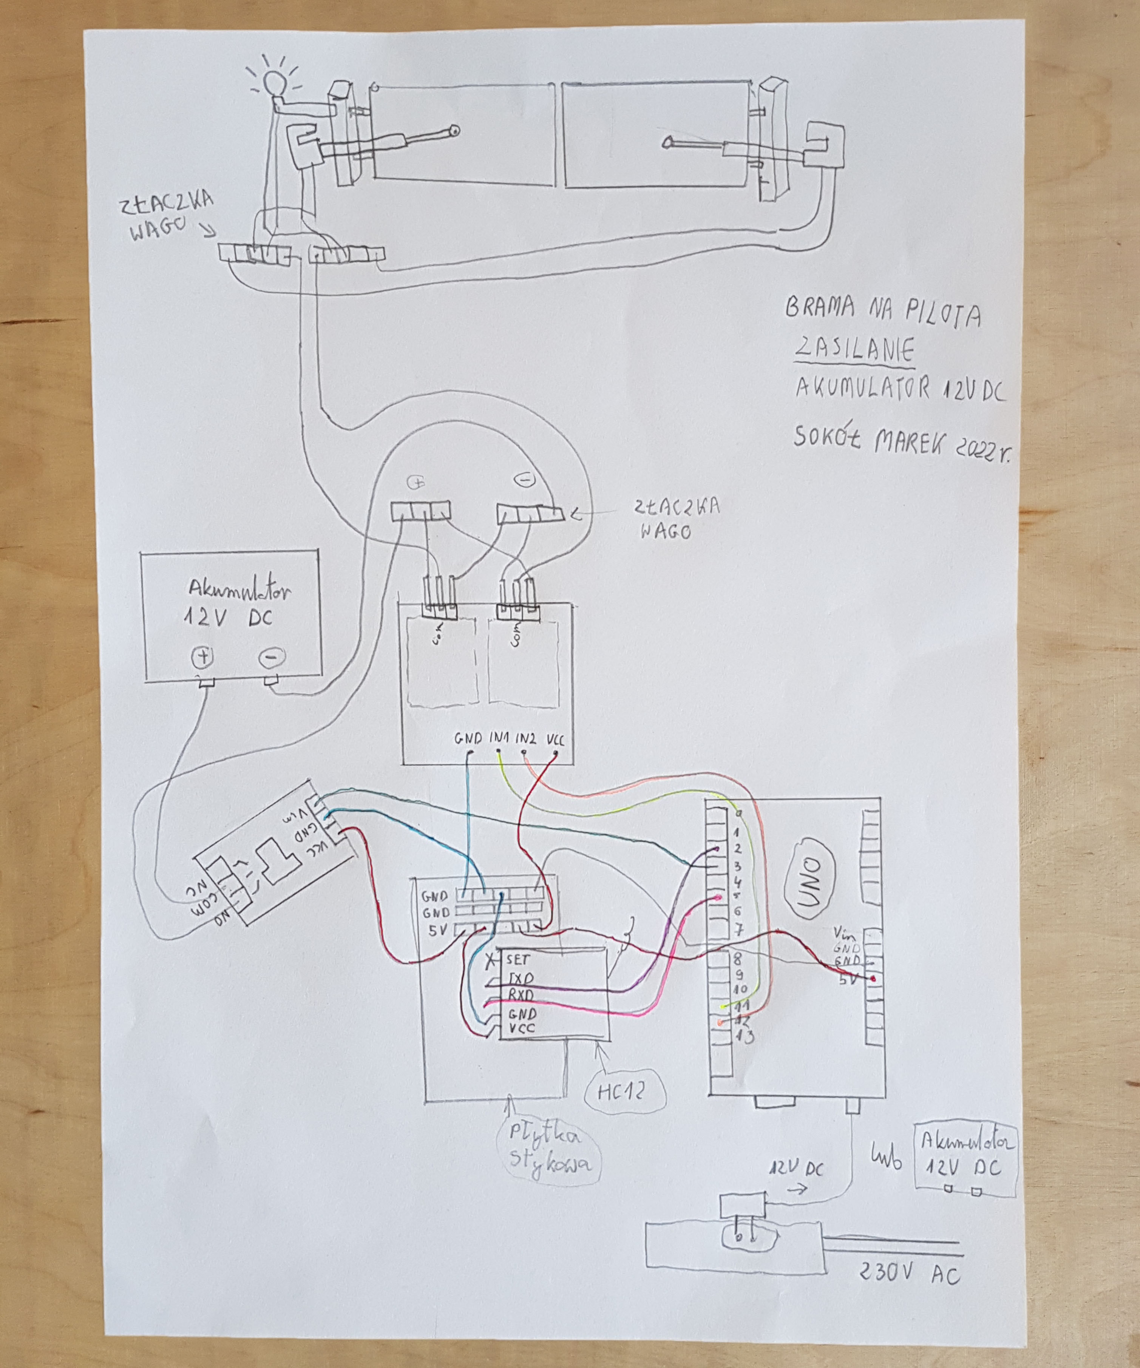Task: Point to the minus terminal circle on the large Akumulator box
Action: (x=269, y=659)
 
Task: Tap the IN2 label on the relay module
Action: (x=526, y=740)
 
